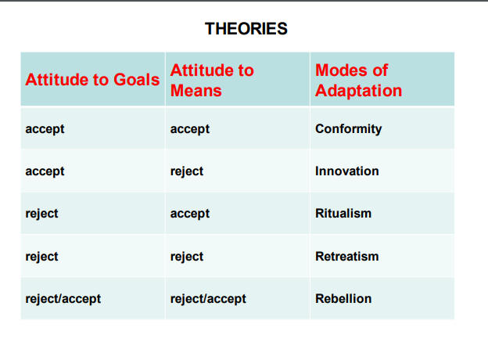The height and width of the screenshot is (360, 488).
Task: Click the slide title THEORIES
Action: point(246,29)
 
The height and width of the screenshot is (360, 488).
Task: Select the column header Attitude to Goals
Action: point(92,79)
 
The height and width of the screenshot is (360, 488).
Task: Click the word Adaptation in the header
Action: point(358,91)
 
